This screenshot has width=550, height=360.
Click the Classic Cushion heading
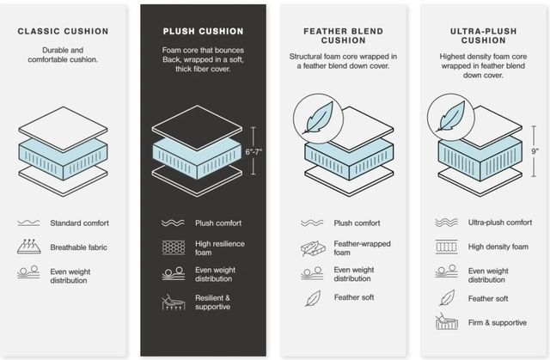[63, 31]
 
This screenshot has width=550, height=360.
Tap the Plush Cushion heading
[203, 31]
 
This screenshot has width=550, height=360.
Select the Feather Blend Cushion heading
[344, 36]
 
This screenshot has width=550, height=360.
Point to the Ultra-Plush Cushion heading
[483, 36]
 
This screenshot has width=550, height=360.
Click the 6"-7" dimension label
[254, 152]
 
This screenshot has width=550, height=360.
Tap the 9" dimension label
[535, 151]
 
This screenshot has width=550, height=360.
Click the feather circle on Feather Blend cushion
[318, 119]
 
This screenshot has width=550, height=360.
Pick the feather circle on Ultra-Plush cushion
[451, 118]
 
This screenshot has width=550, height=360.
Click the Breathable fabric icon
[28, 246]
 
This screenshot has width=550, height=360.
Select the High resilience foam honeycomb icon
[174, 247]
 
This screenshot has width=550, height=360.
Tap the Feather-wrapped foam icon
[313, 248]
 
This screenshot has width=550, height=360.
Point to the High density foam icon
[446, 247]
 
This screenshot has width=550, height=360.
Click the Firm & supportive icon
[447, 321]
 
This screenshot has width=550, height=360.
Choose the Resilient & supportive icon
[174, 302]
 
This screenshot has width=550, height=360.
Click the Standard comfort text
[79, 223]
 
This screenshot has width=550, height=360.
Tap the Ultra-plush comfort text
[500, 223]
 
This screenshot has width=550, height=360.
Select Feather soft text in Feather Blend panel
[354, 297]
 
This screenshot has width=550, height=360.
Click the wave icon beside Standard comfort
[28, 223]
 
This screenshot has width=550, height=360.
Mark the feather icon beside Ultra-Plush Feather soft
[447, 298]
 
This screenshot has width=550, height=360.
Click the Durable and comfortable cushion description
[63, 55]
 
